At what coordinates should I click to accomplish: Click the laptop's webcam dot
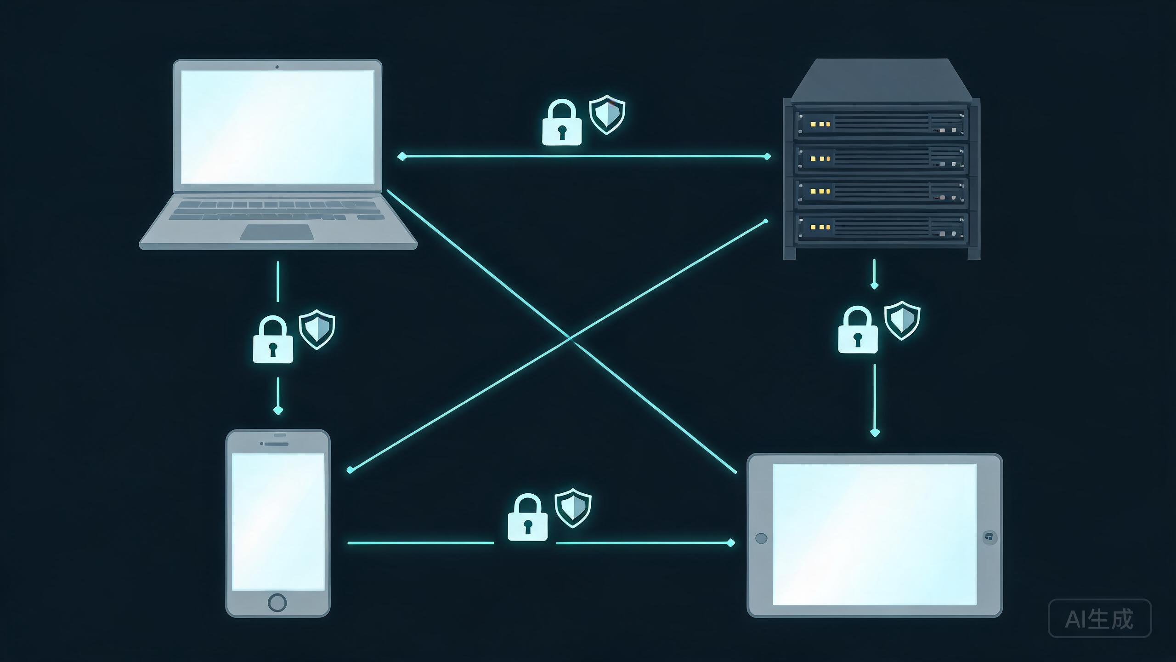(277, 67)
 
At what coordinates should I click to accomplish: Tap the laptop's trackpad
(277, 232)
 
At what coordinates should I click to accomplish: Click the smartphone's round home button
(277, 602)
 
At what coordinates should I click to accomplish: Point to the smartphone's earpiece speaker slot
(275, 444)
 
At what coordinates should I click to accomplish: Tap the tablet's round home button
(761, 538)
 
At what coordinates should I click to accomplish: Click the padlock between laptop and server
(562, 122)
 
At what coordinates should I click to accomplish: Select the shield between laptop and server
(607, 114)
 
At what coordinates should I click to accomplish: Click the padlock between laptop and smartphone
(273, 339)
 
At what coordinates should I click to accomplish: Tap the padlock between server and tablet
(858, 330)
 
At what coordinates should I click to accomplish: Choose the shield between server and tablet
(902, 320)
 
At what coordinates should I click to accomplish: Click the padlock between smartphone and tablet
(527, 517)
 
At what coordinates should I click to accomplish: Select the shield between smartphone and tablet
(573, 508)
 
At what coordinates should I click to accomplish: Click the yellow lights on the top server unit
(820, 124)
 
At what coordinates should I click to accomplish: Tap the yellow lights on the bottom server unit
(820, 227)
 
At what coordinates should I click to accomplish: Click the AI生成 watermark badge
(1100, 618)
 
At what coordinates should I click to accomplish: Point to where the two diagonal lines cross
(570, 339)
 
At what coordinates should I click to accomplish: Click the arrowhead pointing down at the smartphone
(278, 410)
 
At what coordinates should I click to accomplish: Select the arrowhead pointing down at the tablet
(875, 433)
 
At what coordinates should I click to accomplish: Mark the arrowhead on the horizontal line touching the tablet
(730, 543)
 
